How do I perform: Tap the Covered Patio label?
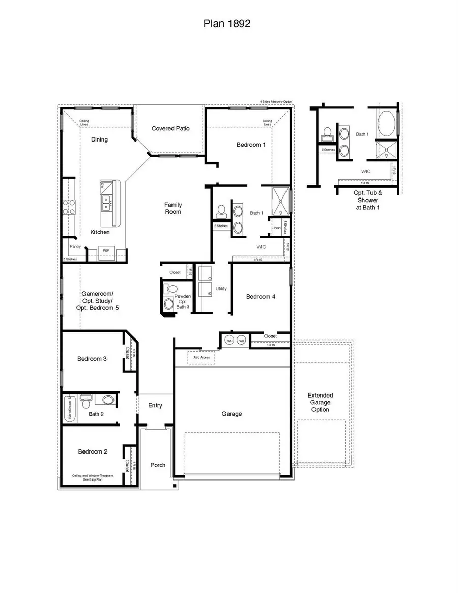click(x=170, y=129)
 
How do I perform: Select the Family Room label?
click(x=173, y=208)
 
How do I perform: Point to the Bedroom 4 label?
click(x=261, y=296)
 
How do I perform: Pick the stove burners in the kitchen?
click(x=69, y=207)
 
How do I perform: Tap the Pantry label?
click(x=75, y=246)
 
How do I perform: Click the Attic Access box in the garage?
click(x=202, y=358)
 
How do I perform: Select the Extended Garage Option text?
click(x=320, y=402)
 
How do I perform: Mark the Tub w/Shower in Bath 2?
click(x=70, y=409)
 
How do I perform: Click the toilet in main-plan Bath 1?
click(x=221, y=210)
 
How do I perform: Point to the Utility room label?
click(x=221, y=289)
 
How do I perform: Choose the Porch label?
click(x=158, y=465)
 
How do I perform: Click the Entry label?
click(x=155, y=405)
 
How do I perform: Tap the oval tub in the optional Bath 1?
click(x=385, y=123)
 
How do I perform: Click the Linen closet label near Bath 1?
click(x=276, y=228)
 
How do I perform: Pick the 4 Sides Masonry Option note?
click(x=276, y=102)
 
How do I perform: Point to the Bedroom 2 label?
click(x=93, y=451)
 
